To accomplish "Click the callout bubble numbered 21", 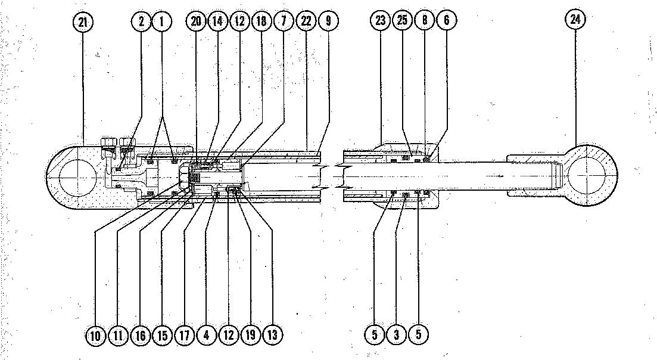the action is click(x=83, y=22).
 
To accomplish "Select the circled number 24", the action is click(x=575, y=20).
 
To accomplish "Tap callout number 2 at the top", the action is click(x=141, y=22).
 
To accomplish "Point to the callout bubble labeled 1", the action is click(x=161, y=22).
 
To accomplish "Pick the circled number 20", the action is click(x=196, y=21).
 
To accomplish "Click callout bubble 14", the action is click(x=217, y=21).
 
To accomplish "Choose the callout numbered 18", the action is click(x=261, y=21).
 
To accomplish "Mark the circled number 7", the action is click(x=284, y=21).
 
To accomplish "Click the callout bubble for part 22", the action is click(x=306, y=21).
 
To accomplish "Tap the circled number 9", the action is click(x=328, y=21).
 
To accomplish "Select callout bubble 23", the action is click(x=381, y=21).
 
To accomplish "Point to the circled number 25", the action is click(x=403, y=21).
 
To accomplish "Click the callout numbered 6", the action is click(x=446, y=21).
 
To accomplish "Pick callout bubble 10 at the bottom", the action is click(x=95, y=335).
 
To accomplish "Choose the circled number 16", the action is click(x=140, y=335).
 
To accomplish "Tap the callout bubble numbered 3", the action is click(x=396, y=335).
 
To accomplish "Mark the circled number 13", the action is click(x=272, y=335).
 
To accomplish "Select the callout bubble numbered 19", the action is click(x=250, y=335).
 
